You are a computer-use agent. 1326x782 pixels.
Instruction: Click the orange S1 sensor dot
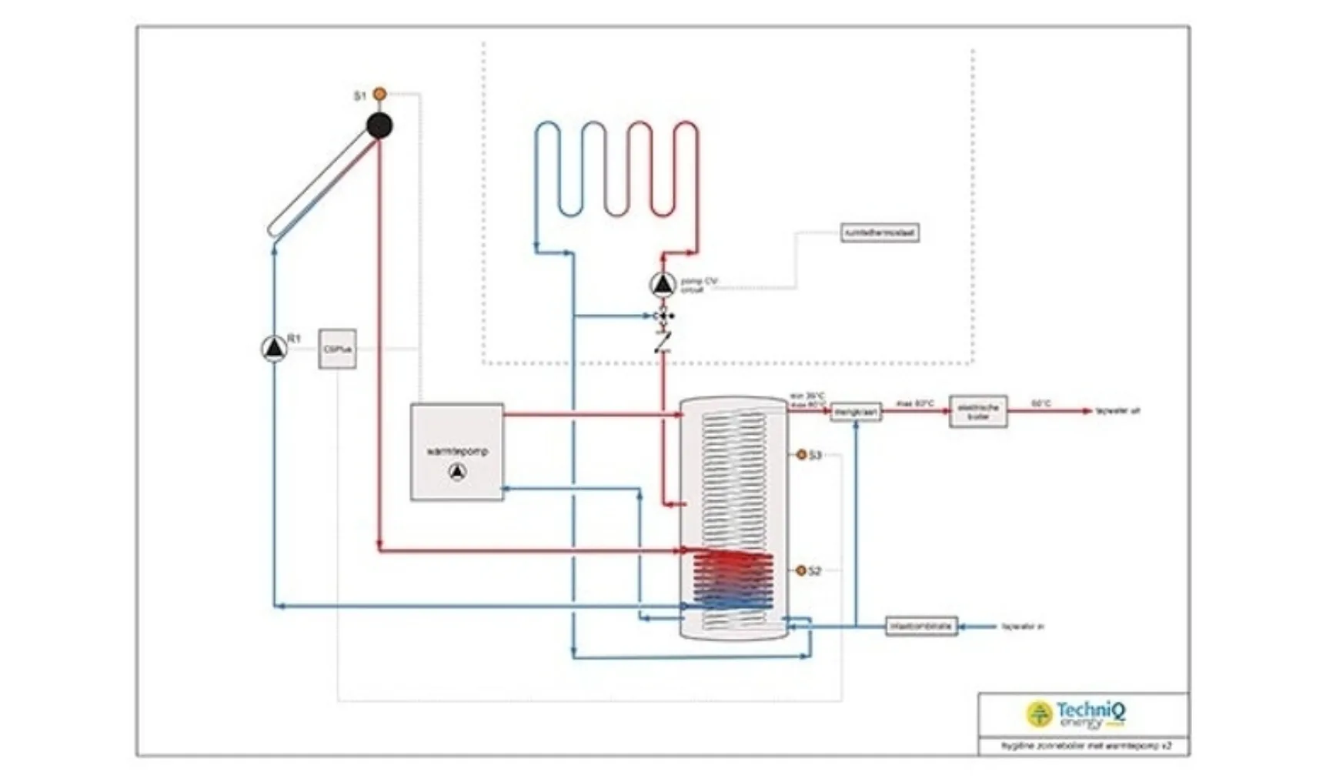pos(379,94)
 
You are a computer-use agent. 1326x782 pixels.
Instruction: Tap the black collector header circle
pos(379,125)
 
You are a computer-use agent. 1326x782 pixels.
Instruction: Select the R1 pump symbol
pos(274,349)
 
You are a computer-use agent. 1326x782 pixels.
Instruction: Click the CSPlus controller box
pos(337,349)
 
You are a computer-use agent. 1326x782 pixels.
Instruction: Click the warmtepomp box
pos(457,452)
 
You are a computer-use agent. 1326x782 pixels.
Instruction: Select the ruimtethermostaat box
pos(880,232)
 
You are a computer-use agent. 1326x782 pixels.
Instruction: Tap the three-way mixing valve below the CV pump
pos(663,316)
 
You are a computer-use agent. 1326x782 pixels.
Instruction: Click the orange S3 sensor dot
pos(801,455)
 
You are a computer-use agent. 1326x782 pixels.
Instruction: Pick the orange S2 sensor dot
pos(801,570)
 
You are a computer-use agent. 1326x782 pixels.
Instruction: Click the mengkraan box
pos(856,413)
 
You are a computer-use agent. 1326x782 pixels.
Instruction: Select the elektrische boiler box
pos(977,411)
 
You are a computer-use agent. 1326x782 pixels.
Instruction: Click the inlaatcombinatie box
pos(921,626)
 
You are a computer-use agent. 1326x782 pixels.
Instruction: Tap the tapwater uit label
pos(1117,411)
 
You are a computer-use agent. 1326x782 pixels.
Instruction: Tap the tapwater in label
pos(1023,627)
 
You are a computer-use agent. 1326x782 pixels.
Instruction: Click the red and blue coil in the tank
pos(732,580)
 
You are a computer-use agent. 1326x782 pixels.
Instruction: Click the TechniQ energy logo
pos(1077,713)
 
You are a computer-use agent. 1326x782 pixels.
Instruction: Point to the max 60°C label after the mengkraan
pos(915,403)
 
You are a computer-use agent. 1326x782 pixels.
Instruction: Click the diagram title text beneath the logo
pos(1085,746)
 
